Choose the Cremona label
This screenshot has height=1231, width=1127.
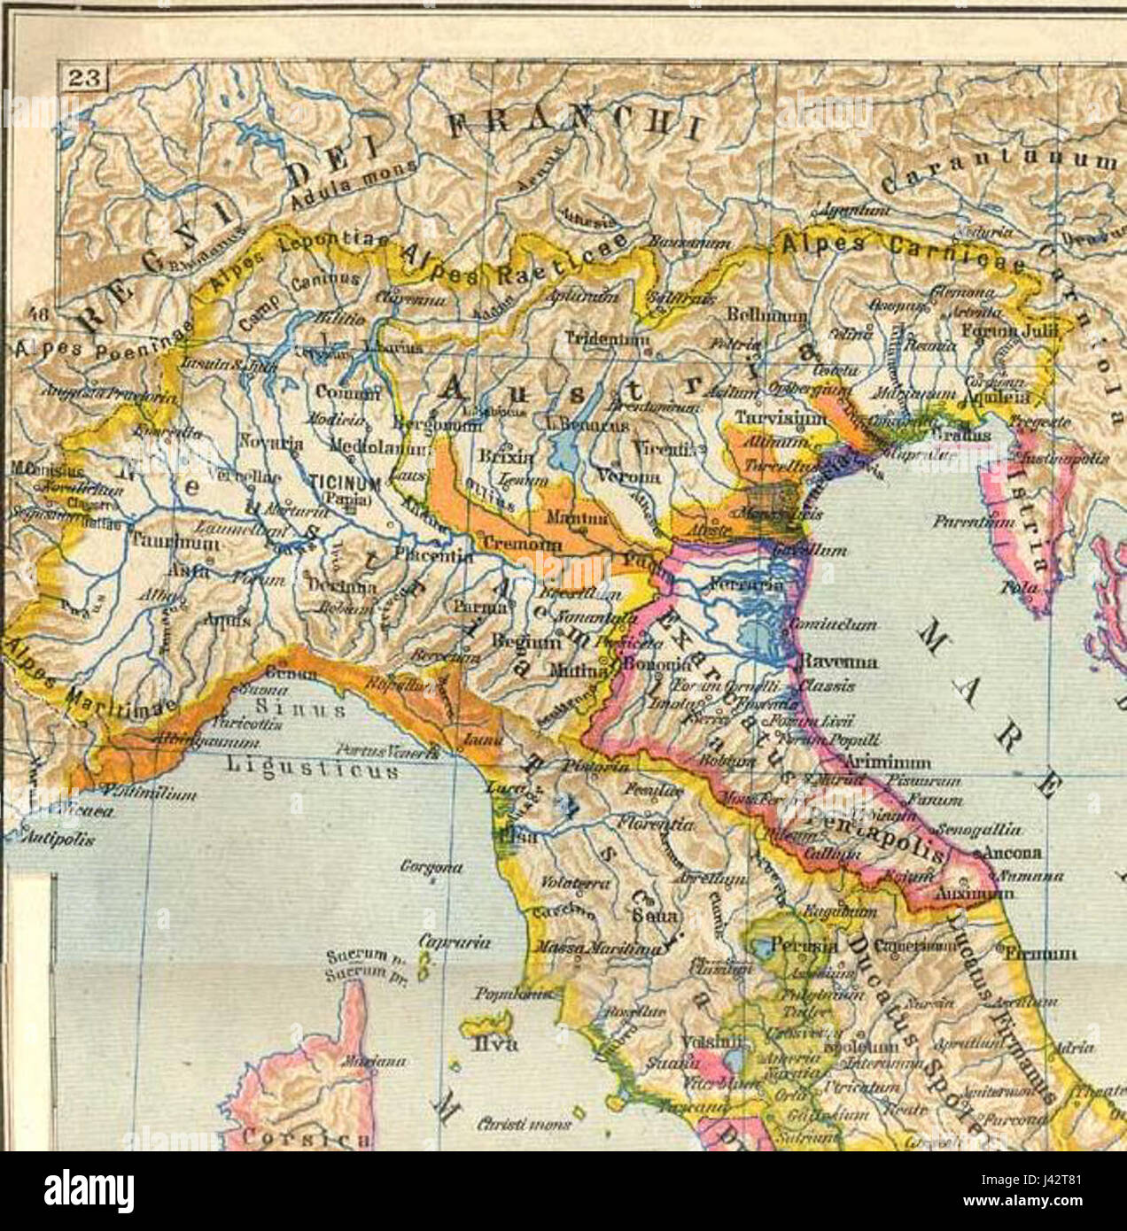511,541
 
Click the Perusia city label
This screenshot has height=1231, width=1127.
803,946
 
